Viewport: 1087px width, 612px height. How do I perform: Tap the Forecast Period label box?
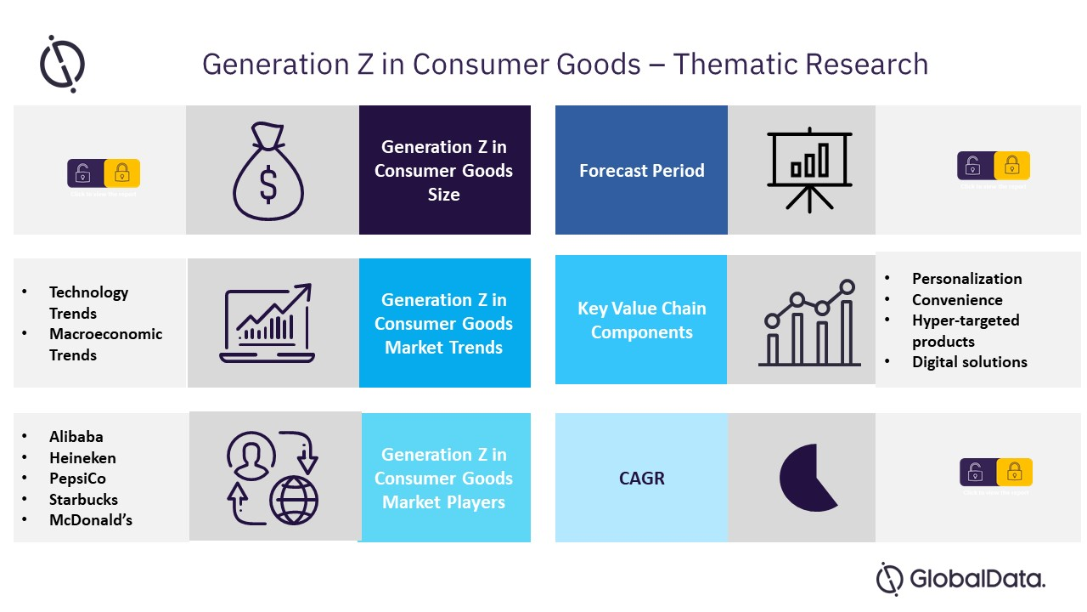tap(641, 170)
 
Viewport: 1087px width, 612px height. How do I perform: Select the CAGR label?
tap(641, 478)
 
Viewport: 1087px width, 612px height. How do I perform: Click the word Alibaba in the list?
tap(76, 437)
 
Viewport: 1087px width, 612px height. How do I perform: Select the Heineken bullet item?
tap(82, 458)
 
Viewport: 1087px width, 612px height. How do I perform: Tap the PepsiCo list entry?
tap(77, 479)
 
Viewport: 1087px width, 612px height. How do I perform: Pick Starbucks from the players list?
tap(83, 500)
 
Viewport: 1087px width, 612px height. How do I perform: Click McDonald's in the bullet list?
tap(91, 520)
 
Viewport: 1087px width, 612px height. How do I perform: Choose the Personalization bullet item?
tap(966, 279)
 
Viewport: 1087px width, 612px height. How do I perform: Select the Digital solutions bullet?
tap(969, 362)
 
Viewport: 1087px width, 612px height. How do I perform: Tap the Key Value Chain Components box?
tap(641, 320)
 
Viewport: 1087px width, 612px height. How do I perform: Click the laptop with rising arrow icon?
tap(268, 323)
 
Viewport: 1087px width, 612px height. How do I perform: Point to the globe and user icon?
tap(272, 478)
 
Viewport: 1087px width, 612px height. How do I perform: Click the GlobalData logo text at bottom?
tap(977, 580)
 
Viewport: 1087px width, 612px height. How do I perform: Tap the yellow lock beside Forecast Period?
tap(1011, 166)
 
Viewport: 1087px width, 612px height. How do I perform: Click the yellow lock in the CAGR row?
tap(1014, 472)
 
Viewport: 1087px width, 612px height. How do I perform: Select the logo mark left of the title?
tap(62, 64)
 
